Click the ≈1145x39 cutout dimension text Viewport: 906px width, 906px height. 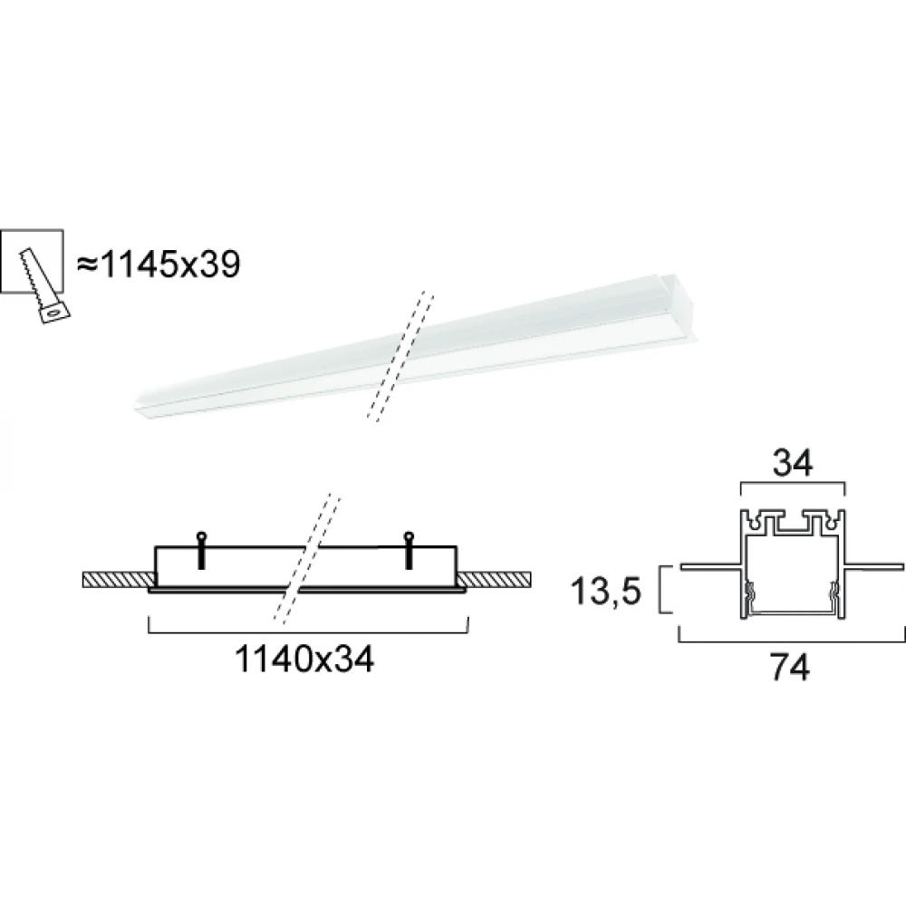coord(159,265)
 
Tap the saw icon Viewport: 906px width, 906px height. coord(45,285)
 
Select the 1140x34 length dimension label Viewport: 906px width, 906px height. coord(304,660)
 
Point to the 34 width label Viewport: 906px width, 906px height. coord(793,463)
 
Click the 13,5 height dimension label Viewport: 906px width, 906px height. coord(606,592)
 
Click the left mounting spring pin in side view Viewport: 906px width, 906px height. coord(201,550)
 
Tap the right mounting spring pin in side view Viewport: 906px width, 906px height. coord(410,550)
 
